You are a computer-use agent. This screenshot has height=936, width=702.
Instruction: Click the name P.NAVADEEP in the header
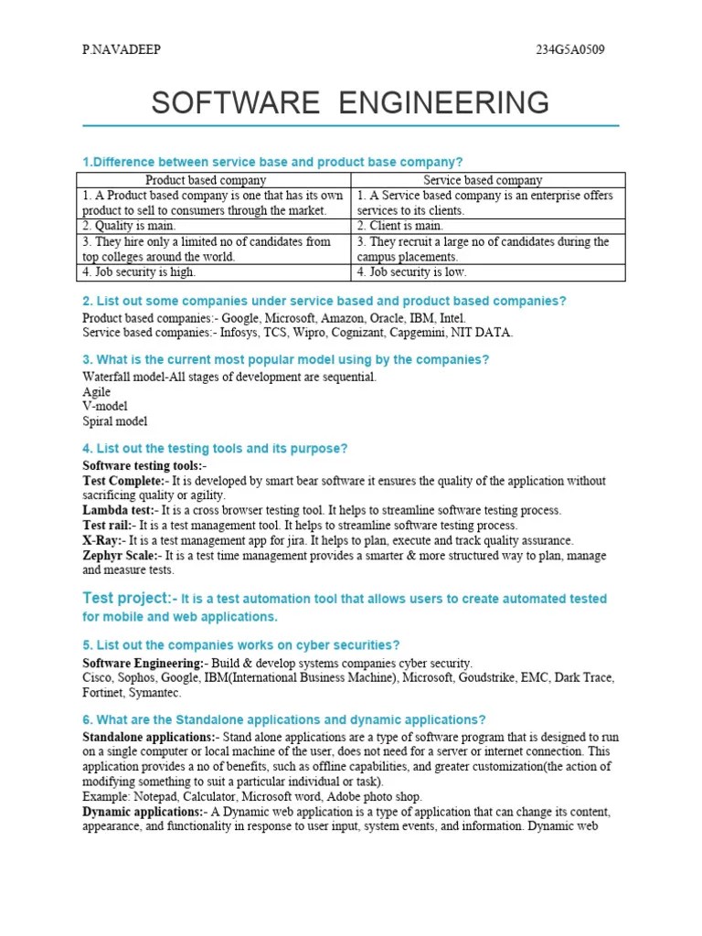pos(121,49)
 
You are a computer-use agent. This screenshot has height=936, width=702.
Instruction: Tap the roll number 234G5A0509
pos(569,49)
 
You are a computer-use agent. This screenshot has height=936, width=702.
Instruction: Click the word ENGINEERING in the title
pos(443,102)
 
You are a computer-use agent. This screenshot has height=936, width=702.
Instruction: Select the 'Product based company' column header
pos(207,180)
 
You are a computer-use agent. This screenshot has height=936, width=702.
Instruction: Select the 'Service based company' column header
pos(483,180)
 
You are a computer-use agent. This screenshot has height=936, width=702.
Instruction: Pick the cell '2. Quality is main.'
pos(128,226)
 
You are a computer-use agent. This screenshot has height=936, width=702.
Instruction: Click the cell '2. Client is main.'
pos(399,226)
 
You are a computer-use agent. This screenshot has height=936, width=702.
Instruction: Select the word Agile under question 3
pos(97,391)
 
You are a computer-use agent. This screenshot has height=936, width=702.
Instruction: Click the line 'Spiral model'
pos(114,421)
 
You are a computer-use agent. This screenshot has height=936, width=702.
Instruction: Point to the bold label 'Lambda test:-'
pos(119,510)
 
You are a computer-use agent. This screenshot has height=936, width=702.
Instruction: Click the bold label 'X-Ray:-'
pos(103,540)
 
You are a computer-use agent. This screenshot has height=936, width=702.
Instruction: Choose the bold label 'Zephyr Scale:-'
pos(122,555)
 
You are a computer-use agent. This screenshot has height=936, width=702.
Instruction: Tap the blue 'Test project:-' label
pos(127,598)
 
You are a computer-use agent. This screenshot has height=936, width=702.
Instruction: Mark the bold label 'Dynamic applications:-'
pos(145,811)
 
